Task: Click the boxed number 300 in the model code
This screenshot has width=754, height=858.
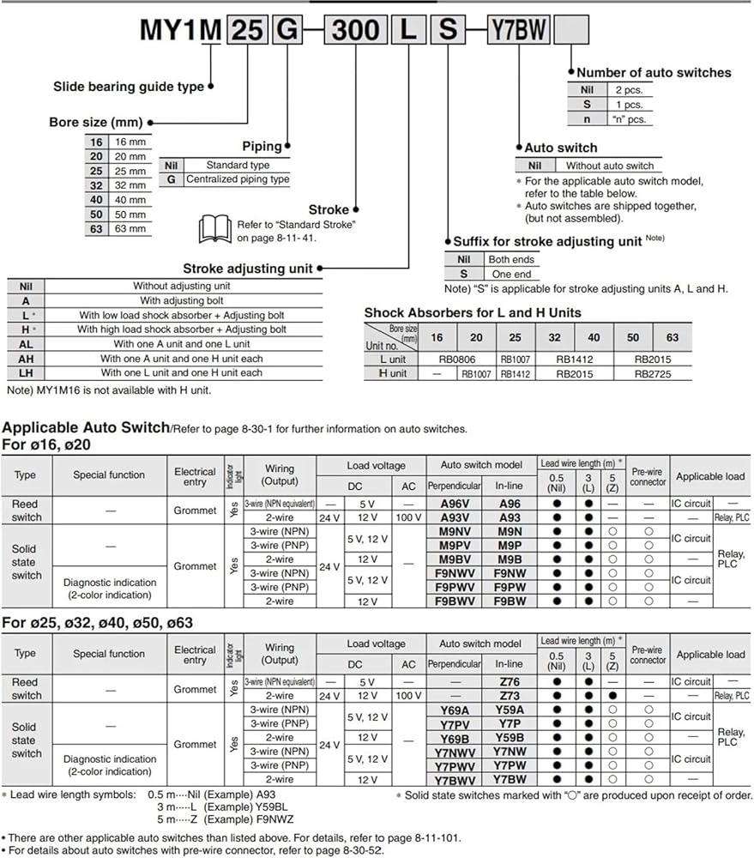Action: [x=355, y=29]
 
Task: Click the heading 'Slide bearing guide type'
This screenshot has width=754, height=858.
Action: [x=129, y=86]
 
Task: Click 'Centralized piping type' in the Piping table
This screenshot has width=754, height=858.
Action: [x=238, y=179]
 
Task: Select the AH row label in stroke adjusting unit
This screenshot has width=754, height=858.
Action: [x=26, y=359]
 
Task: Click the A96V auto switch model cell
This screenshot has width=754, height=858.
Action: [x=454, y=504]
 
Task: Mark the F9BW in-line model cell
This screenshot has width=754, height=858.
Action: [x=509, y=601]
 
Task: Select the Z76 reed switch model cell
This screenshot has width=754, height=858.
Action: [x=509, y=682]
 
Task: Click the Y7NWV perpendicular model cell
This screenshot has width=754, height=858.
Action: [x=454, y=752]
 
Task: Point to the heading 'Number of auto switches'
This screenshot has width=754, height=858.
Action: [x=654, y=73]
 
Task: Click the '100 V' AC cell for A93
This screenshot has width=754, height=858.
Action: [x=409, y=517]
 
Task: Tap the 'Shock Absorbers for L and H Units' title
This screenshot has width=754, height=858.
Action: [x=473, y=312]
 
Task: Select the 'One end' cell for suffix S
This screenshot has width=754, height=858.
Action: [x=512, y=274]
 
